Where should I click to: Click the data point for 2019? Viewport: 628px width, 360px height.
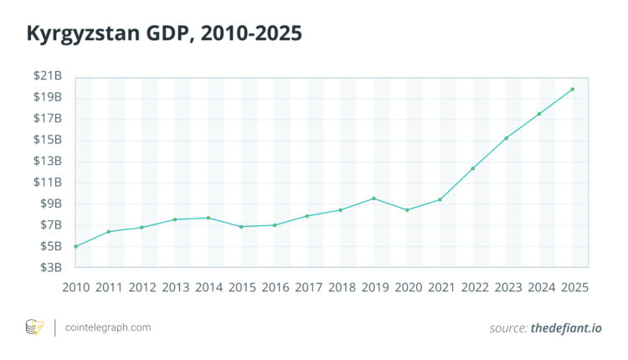pyautogui.click(x=373, y=198)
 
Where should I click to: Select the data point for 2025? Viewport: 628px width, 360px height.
pyautogui.click(x=573, y=90)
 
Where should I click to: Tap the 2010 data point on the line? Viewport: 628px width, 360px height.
pyautogui.click(x=75, y=246)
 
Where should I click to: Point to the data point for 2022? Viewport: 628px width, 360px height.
pyautogui.click(x=473, y=168)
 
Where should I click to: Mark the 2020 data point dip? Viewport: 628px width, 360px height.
pyautogui.click(x=407, y=210)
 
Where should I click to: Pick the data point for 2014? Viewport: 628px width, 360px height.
pyautogui.click(x=208, y=218)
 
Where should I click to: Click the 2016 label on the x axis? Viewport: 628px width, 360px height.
pyautogui.click(x=275, y=286)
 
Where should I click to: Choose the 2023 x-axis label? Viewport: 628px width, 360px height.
pyautogui.click(x=507, y=286)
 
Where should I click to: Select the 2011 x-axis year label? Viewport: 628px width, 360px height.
pyautogui.click(x=109, y=286)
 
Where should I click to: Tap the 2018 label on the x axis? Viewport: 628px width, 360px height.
pyautogui.click(x=341, y=286)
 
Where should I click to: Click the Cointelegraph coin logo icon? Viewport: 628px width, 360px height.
pyautogui.click(x=35, y=327)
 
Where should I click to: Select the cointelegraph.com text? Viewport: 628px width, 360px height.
pyautogui.click(x=109, y=327)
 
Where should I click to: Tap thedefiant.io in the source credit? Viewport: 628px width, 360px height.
pyautogui.click(x=566, y=328)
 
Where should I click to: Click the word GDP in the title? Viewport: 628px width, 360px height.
pyautogui.click(x=170, y=35)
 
